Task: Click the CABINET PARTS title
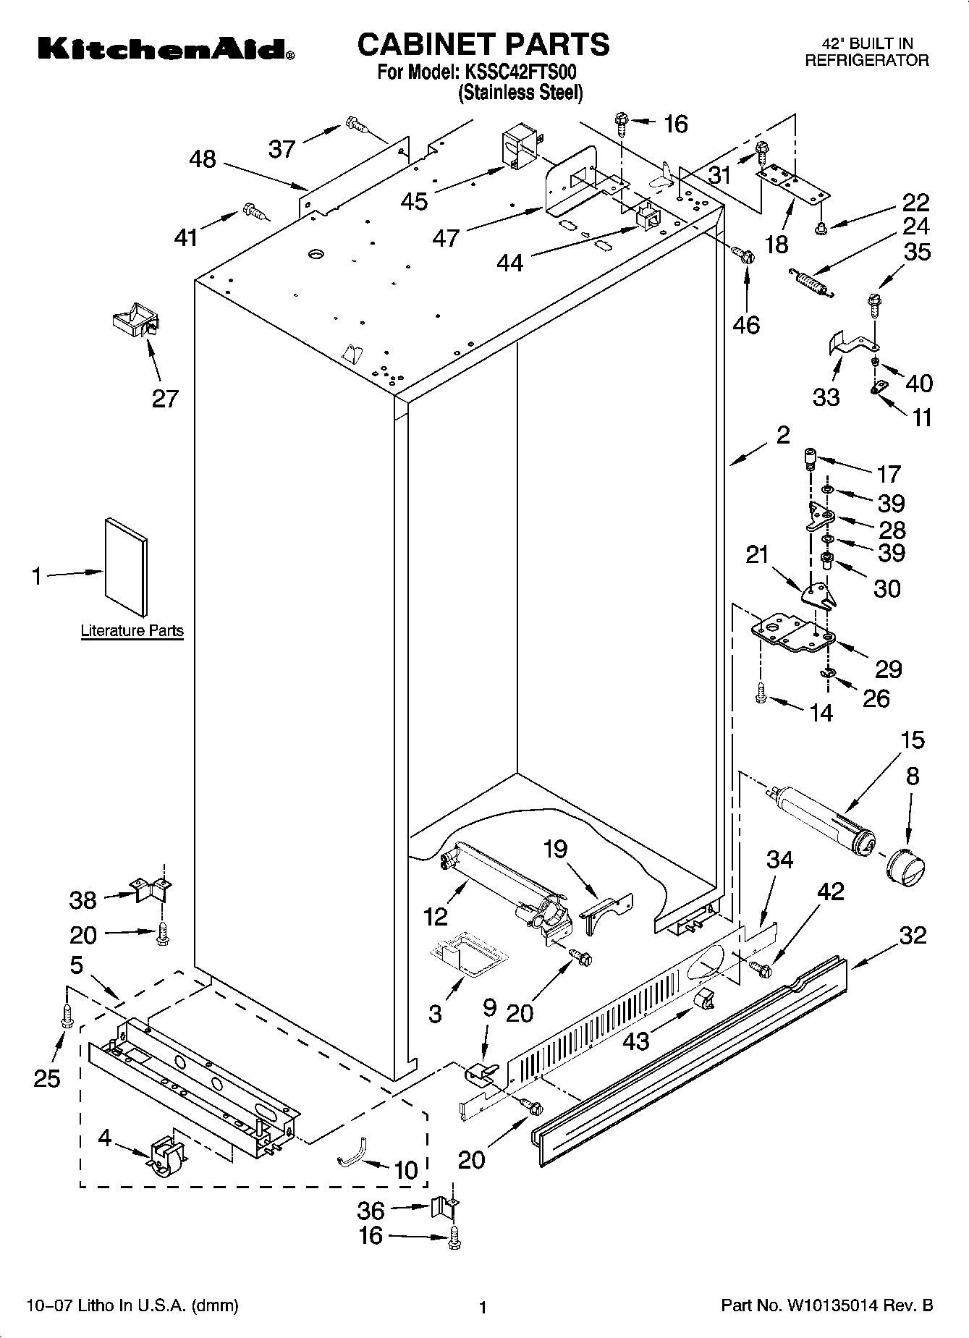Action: (x=483, y=45)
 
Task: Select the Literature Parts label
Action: (x=132, y=631)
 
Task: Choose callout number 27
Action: (x=165, y=399)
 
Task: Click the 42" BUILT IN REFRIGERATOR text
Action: (x=866, y=52)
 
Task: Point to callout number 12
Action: (x=435, y=916)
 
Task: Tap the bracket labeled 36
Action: (x=441, y=1206)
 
